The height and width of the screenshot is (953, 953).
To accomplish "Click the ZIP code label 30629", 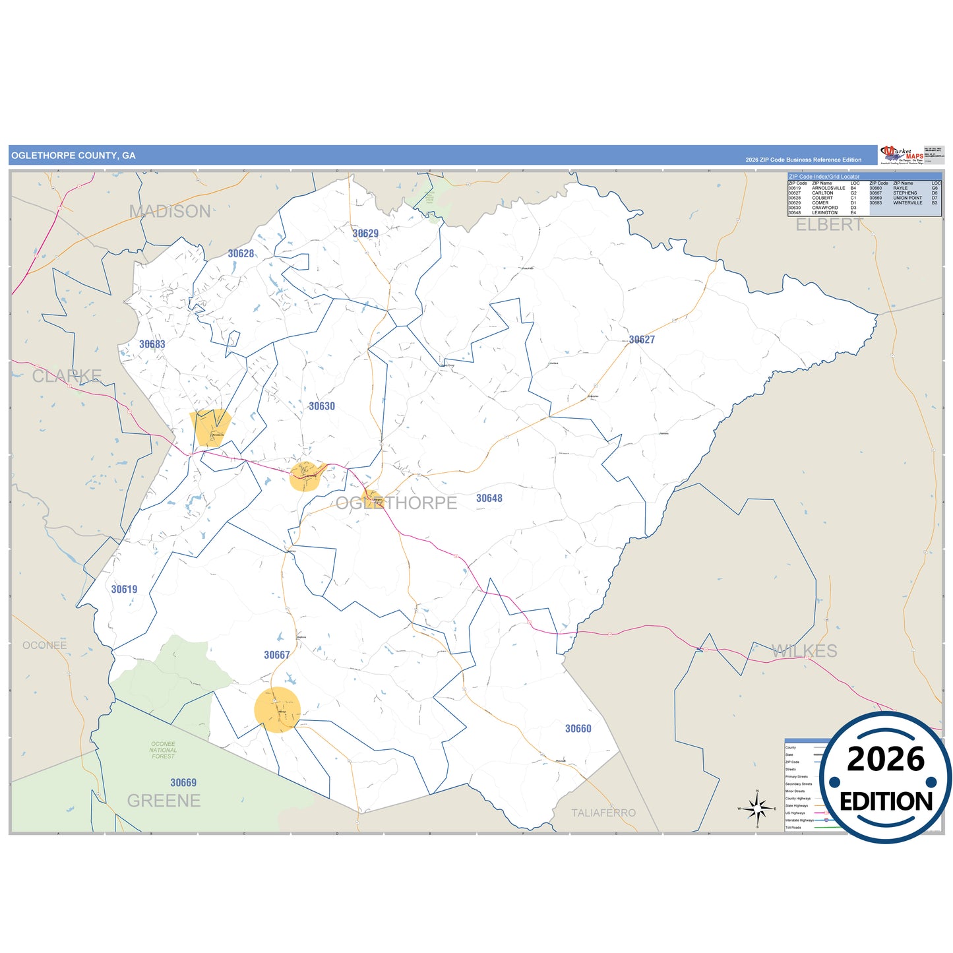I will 365,233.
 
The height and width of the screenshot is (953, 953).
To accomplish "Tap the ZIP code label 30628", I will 241,253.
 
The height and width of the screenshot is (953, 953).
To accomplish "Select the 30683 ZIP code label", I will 152,344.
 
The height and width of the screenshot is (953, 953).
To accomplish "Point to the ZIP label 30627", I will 642,340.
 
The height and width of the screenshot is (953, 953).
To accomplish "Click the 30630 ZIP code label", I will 322,406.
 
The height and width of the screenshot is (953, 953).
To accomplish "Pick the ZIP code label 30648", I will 489,499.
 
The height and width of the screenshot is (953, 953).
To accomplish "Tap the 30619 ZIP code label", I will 124,590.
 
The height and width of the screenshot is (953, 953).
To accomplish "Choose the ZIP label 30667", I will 277,655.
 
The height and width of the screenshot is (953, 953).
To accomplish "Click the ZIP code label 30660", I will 578,729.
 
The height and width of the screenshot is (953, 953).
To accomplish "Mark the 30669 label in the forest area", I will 183,783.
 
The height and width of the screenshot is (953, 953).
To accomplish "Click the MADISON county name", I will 170,212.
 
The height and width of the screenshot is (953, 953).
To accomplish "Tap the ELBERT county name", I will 829,225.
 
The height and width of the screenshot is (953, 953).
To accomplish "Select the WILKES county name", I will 805,652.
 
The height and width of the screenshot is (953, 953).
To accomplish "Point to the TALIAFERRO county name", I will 603,813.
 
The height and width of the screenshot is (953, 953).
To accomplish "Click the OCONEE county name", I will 45,646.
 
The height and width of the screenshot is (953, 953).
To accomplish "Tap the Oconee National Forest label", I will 163,750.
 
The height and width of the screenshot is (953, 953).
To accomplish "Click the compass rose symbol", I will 758,808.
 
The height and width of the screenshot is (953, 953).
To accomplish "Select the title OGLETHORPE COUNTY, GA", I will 73,156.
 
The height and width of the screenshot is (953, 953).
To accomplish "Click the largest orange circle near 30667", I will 278,710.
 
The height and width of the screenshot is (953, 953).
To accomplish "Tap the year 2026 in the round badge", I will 886,760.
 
